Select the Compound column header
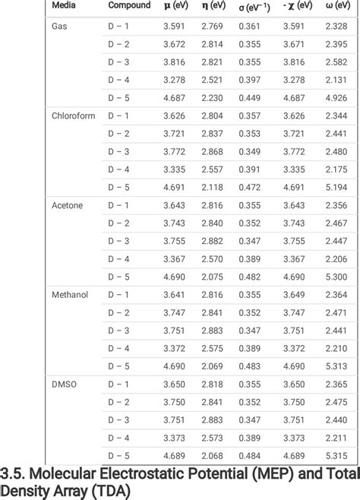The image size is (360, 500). click(129, 5)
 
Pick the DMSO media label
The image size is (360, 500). click(64, 384)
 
